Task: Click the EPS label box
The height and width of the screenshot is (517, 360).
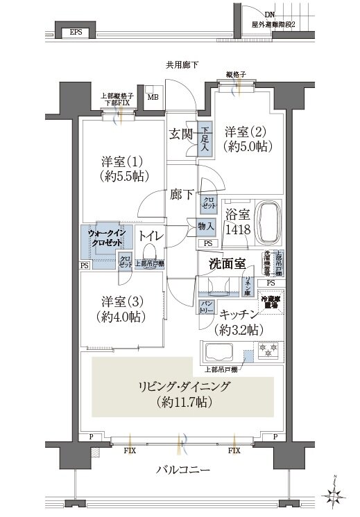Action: click(x=75, y=32)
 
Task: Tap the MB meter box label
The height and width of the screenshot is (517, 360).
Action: click(x=152, y=97)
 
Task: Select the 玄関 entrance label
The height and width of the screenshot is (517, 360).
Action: click(x=180, y=133)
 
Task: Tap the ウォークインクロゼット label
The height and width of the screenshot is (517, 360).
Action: click(x=105, y=238)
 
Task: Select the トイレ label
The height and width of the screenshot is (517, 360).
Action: click(x=151, y=236)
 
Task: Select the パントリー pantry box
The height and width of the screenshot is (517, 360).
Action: click(x=207, y=305)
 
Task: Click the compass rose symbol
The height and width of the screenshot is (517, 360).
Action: click(x=336, y=494)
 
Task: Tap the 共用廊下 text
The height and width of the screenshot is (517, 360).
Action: click(x=182, y=65)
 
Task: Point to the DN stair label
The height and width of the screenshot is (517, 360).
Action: click(x=269, y=14)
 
